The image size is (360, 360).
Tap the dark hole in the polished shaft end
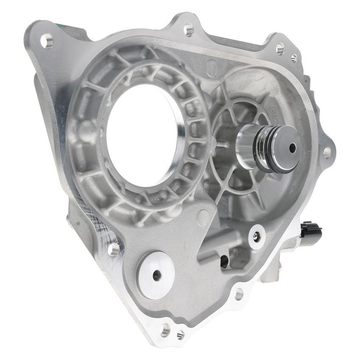(292, 147)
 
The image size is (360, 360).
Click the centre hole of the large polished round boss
(157, 275)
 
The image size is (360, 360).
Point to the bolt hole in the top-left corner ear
(47, 41)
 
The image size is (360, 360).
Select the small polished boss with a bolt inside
(257, 237)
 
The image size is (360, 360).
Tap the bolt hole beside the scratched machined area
(114, 249)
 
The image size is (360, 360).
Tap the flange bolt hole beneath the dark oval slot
(238, 293)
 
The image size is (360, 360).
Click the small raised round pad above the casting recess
(203, 218)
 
